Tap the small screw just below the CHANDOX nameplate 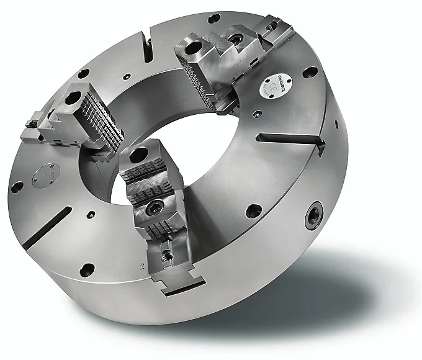click(256, 113)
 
